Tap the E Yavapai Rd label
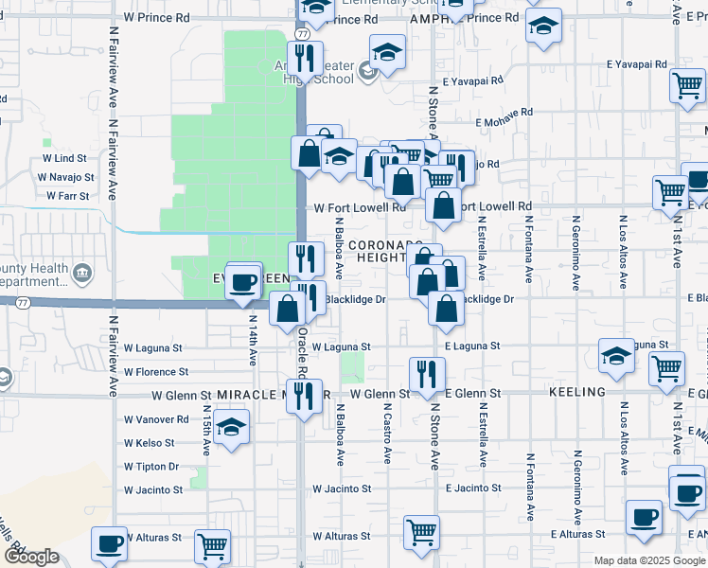[637, 63]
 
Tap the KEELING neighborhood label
[576, 392]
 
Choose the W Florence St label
[155, 372]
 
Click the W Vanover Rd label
[150, 419]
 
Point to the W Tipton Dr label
[151, 467]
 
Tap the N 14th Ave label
[253, 342]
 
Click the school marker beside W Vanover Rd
[230, 427]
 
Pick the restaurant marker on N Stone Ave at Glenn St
[427, 375]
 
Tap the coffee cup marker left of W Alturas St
[108, 543]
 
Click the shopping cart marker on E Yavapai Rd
[687, 86]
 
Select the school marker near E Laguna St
[616, 356]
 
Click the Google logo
[31, 557]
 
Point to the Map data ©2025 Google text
[649, 560]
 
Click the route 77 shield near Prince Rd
[301, 34]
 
